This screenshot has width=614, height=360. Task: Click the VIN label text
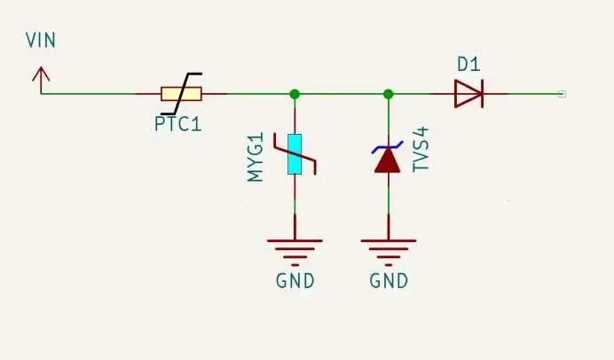click(42, 41)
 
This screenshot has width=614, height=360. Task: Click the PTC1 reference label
click(178, 124)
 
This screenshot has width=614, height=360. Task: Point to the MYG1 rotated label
click(256, 158)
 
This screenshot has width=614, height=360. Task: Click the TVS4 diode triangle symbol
click(388, 160)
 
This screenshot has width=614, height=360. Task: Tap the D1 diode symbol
click(468, 93)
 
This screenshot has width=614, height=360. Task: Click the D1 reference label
click(468, 64)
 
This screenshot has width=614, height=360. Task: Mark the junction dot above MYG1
click(294, 93)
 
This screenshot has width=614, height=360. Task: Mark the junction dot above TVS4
click(388, 93)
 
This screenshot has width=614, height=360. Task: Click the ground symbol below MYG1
click(294, 248)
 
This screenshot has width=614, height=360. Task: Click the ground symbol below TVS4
click(388, 248)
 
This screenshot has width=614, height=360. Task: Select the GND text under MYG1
click(295, 282)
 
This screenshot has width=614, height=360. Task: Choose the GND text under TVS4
click(389, 282)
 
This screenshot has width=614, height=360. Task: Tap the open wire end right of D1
click(562, 93)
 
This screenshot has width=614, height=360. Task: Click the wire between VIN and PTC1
click(89, 93)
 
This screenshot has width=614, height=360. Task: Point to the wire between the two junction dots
click(341, 93)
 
